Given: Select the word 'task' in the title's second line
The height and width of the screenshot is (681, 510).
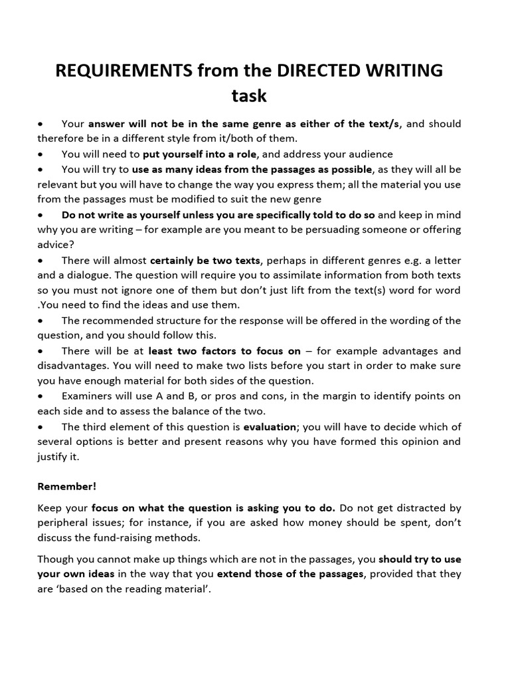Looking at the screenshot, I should (x=249, y=95).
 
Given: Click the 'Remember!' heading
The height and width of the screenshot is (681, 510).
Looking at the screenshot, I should (x=66, y=486).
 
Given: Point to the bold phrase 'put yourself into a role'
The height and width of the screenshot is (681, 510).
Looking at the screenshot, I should (x=199, y=154).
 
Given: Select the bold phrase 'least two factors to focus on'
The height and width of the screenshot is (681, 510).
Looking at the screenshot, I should (x=224, y=350).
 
